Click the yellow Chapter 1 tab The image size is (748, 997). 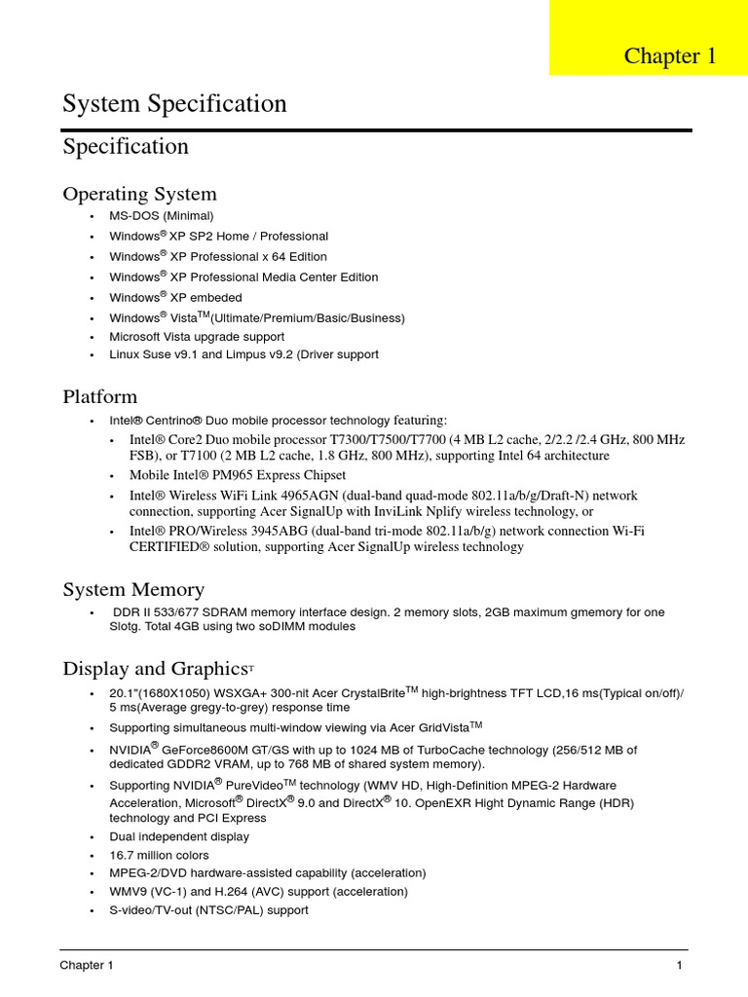tap(670, 56)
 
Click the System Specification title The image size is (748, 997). tap(174, 104)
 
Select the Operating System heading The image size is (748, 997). tap(139, 194)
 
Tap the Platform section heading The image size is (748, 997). tap(100, 396)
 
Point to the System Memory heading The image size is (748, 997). tap(133, 589)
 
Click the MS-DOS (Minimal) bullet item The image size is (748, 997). tap(161, 216)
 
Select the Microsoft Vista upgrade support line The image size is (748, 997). tap(197, 337)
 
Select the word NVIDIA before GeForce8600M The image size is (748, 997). tap(131, 751)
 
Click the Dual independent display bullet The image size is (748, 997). tap(179, 836)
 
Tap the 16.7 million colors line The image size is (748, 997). tap(159, 855)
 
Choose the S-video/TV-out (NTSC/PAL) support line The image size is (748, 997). tap(208, 910)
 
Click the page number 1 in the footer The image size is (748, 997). tap(679, 966)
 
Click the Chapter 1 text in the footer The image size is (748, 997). tap(87, 966)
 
